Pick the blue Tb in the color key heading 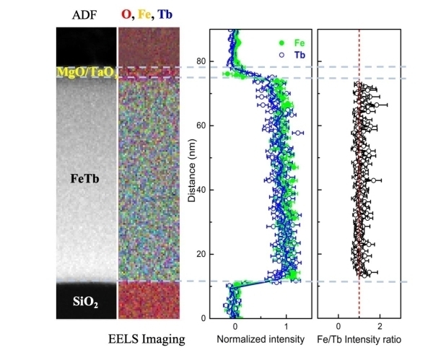tap(167, 15)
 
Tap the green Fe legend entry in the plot tap(287, 42)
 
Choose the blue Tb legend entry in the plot tap(287, 53)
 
